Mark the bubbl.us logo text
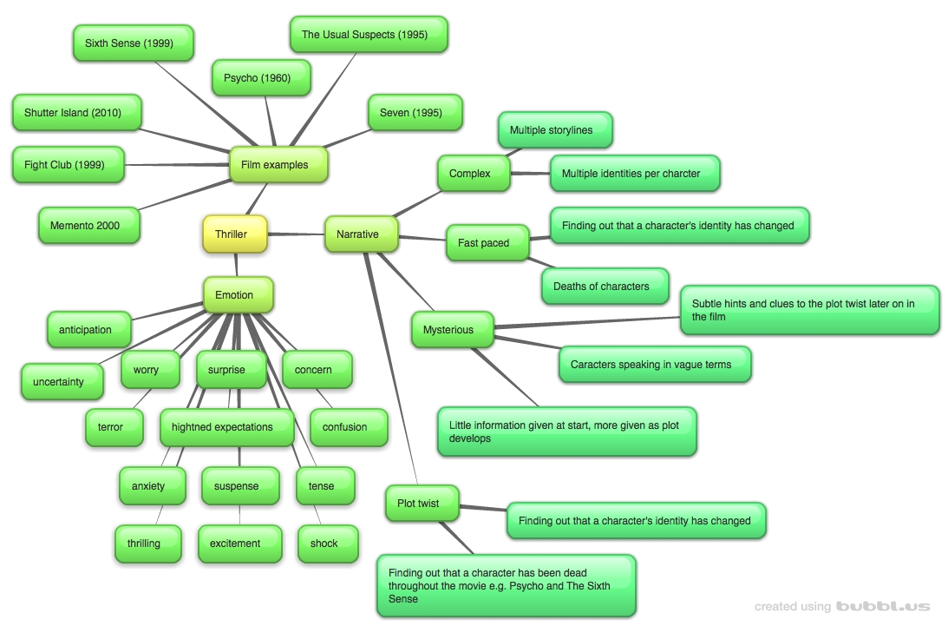click(x=883, y=607)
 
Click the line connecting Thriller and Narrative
click(x=297, y=234)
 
